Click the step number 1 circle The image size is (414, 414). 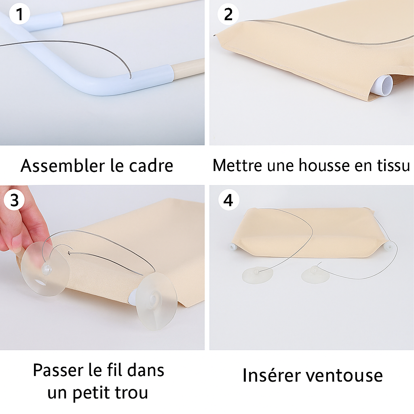pos(19,14)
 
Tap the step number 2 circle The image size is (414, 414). pos(228,14)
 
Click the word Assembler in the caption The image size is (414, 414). pos(63,165)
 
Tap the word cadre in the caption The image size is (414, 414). pos(151,165)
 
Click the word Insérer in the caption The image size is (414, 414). pos(270,375)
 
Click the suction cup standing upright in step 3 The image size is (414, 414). pos(156,301)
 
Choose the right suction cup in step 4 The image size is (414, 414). pos(315,275)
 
